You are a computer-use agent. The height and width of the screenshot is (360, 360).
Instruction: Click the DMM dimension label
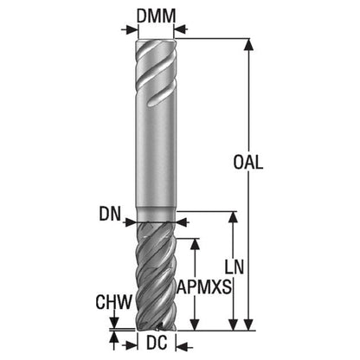pos(156,16)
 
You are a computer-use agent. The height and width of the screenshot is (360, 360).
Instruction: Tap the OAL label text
pos(248,162)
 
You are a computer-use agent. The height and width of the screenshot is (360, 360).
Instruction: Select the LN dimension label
pos(235,267)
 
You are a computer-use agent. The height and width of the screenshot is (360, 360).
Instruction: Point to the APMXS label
pos(204,287)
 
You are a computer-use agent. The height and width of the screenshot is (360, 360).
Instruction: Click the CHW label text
pos(113,302)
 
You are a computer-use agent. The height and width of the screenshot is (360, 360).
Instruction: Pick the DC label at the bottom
pos(157,343)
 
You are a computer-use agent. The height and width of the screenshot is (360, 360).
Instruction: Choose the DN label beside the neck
pos(110,214)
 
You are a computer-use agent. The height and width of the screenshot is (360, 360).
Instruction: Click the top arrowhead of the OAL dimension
pos(249,44)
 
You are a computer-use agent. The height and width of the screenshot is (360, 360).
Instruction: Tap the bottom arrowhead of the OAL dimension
pos(249,325)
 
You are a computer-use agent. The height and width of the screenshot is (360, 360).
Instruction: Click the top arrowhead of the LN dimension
pos(233,217)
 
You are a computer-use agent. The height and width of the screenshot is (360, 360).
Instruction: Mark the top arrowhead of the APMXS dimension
pos(196,244)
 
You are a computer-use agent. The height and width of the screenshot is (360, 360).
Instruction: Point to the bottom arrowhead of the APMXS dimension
pos(196,325)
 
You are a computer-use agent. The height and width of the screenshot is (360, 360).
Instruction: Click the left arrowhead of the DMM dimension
pos(132,29)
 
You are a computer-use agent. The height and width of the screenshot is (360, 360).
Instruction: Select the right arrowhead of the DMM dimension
pos(180,29)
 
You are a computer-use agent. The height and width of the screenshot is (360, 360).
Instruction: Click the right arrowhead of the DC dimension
pos(182,346)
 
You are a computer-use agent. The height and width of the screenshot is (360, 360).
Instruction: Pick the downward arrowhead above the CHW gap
pos(114,322)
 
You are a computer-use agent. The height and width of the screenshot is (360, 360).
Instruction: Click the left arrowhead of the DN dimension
pos(131,222)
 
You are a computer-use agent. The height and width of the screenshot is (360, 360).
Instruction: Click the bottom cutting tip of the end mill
pos(156,329)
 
